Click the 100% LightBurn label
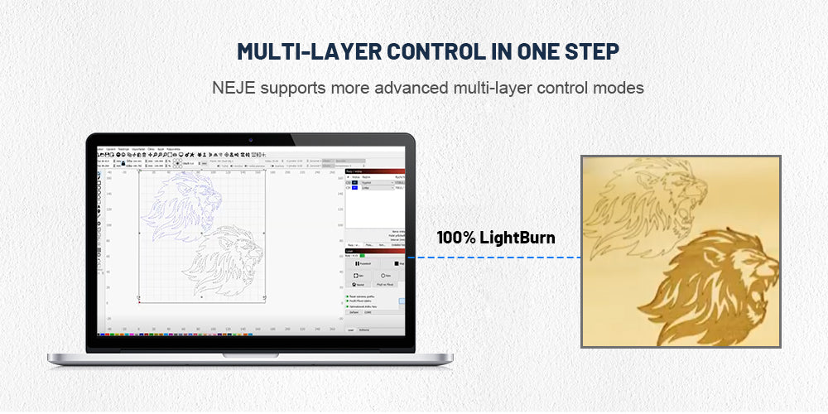pyautogui.click(x=496, y=238)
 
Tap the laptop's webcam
pyautogui.click(x=250, y=138)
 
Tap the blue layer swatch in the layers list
pyautogui.click(x=354, y=188)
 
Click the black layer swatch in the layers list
pyautogui.click(x=354, y=182)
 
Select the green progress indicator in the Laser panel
pyautogui.click(x=362, y=255)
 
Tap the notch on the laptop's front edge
pyautogui.click(x=250, y=355)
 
